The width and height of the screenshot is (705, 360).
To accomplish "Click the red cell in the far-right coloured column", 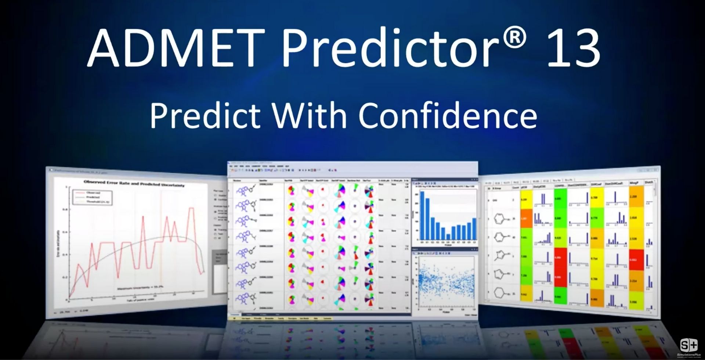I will pyautogui.click(x=636, y=259).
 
